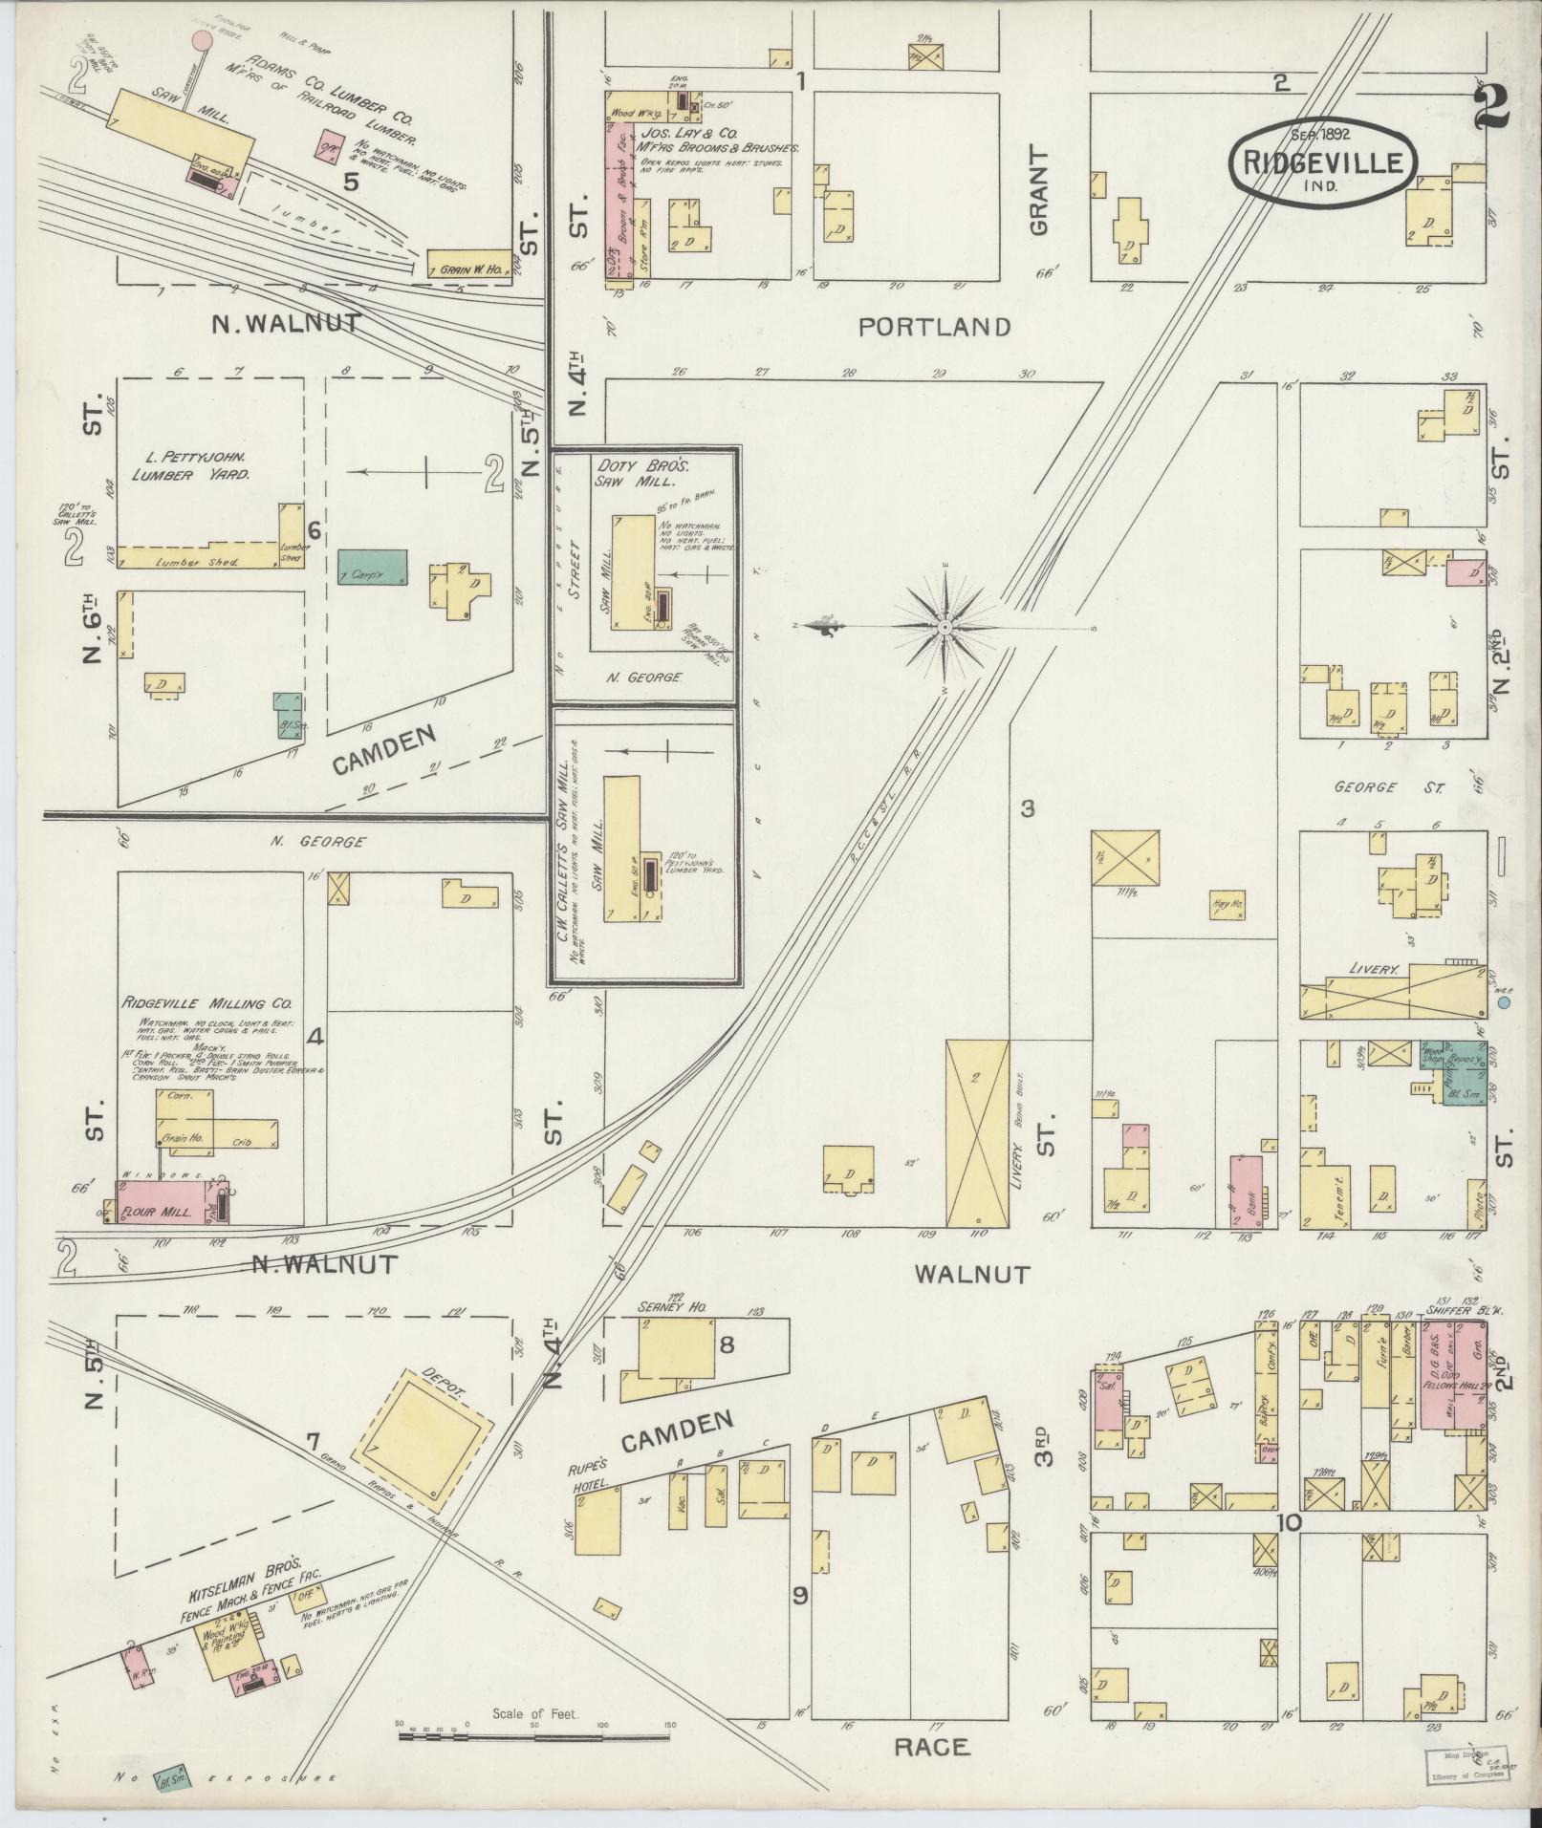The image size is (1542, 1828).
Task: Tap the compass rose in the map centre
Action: pyautogui.click(x=945, y=627)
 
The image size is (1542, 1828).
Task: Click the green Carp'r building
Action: pyautogui.click(x=373, y=568)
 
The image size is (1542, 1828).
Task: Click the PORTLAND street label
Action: pyautogui.click(x=934, y=328)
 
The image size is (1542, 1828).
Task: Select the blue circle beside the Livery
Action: pyautogui.click(x=1504, y=1004)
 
